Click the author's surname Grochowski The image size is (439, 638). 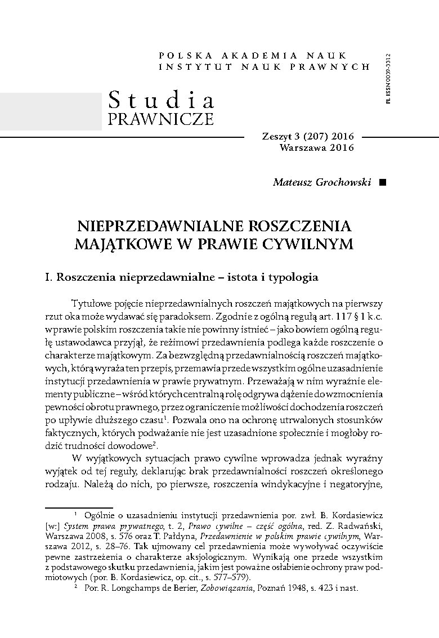[x=342, y=182]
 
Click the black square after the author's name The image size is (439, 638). [x=383, y=182]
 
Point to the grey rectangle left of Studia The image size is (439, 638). [x=51, y=112]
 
